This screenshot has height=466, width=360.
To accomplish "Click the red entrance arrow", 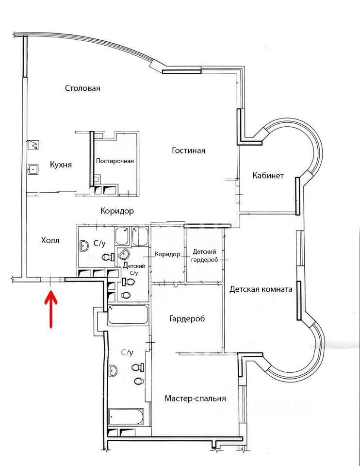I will pos(51,304).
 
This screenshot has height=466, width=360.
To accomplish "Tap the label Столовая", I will pos(82,88).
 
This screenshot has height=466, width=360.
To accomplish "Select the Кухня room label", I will pos(61,165).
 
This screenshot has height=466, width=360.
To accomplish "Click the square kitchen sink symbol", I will pos(33,169).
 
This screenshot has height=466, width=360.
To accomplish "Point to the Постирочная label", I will pos(115,161).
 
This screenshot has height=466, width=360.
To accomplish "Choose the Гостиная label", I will pos(188,150).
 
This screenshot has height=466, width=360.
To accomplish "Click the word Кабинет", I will pos(268,176).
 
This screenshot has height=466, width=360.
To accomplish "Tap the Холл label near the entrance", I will pos(50,240).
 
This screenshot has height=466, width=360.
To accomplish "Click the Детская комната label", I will pos(261,290).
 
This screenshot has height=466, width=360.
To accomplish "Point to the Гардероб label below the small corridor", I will pos(187,319).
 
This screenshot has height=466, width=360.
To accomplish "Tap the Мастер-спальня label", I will pos(195,399).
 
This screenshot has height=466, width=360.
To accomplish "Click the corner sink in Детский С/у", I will pos(124,254).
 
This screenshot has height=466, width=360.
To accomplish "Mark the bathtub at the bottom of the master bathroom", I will pos(126,417).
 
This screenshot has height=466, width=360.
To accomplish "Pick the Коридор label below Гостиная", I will pos(117,211).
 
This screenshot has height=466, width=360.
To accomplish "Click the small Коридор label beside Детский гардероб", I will pos(167,254).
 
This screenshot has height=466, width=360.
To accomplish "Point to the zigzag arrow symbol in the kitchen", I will pos(34,145).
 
